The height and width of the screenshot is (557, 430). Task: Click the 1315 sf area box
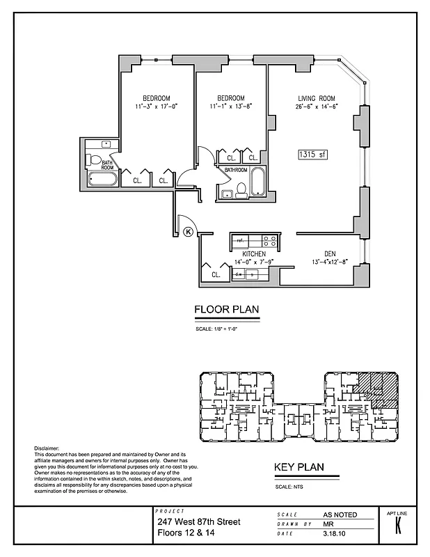[312, 155]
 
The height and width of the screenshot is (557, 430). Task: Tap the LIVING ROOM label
[317, 97]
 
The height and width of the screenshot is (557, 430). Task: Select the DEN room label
[330, 253]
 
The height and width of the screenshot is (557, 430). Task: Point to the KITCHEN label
[254, 253]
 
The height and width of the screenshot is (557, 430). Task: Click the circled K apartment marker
[188, 233]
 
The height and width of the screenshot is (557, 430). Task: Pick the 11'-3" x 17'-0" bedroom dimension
[157, 107]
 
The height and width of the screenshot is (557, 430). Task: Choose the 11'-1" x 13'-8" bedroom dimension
[230, 107]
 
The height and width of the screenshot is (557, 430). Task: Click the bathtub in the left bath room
[102, 180]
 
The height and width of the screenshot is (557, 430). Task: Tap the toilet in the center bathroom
[241, 188]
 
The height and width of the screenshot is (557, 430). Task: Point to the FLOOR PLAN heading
[226, 310]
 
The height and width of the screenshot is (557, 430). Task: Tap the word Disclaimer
[47, 448]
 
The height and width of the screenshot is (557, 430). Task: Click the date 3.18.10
[333, 534]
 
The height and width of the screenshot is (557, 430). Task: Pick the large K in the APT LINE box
[397, 526]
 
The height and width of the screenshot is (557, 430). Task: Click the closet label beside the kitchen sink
[216, 275]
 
